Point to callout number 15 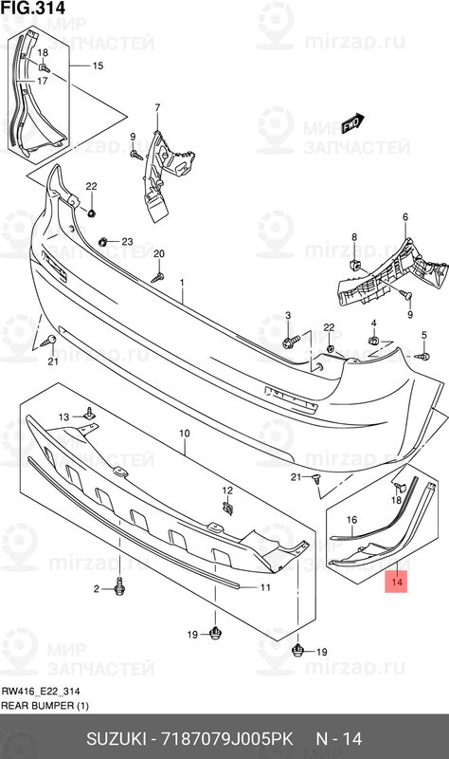[x=97, y=65]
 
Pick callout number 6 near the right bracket [x=404, y=217]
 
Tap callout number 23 [x=127, y=242]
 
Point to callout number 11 [x=265, y=587]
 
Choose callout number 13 [x=65, y=417]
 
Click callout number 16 [x=350, y=519]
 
